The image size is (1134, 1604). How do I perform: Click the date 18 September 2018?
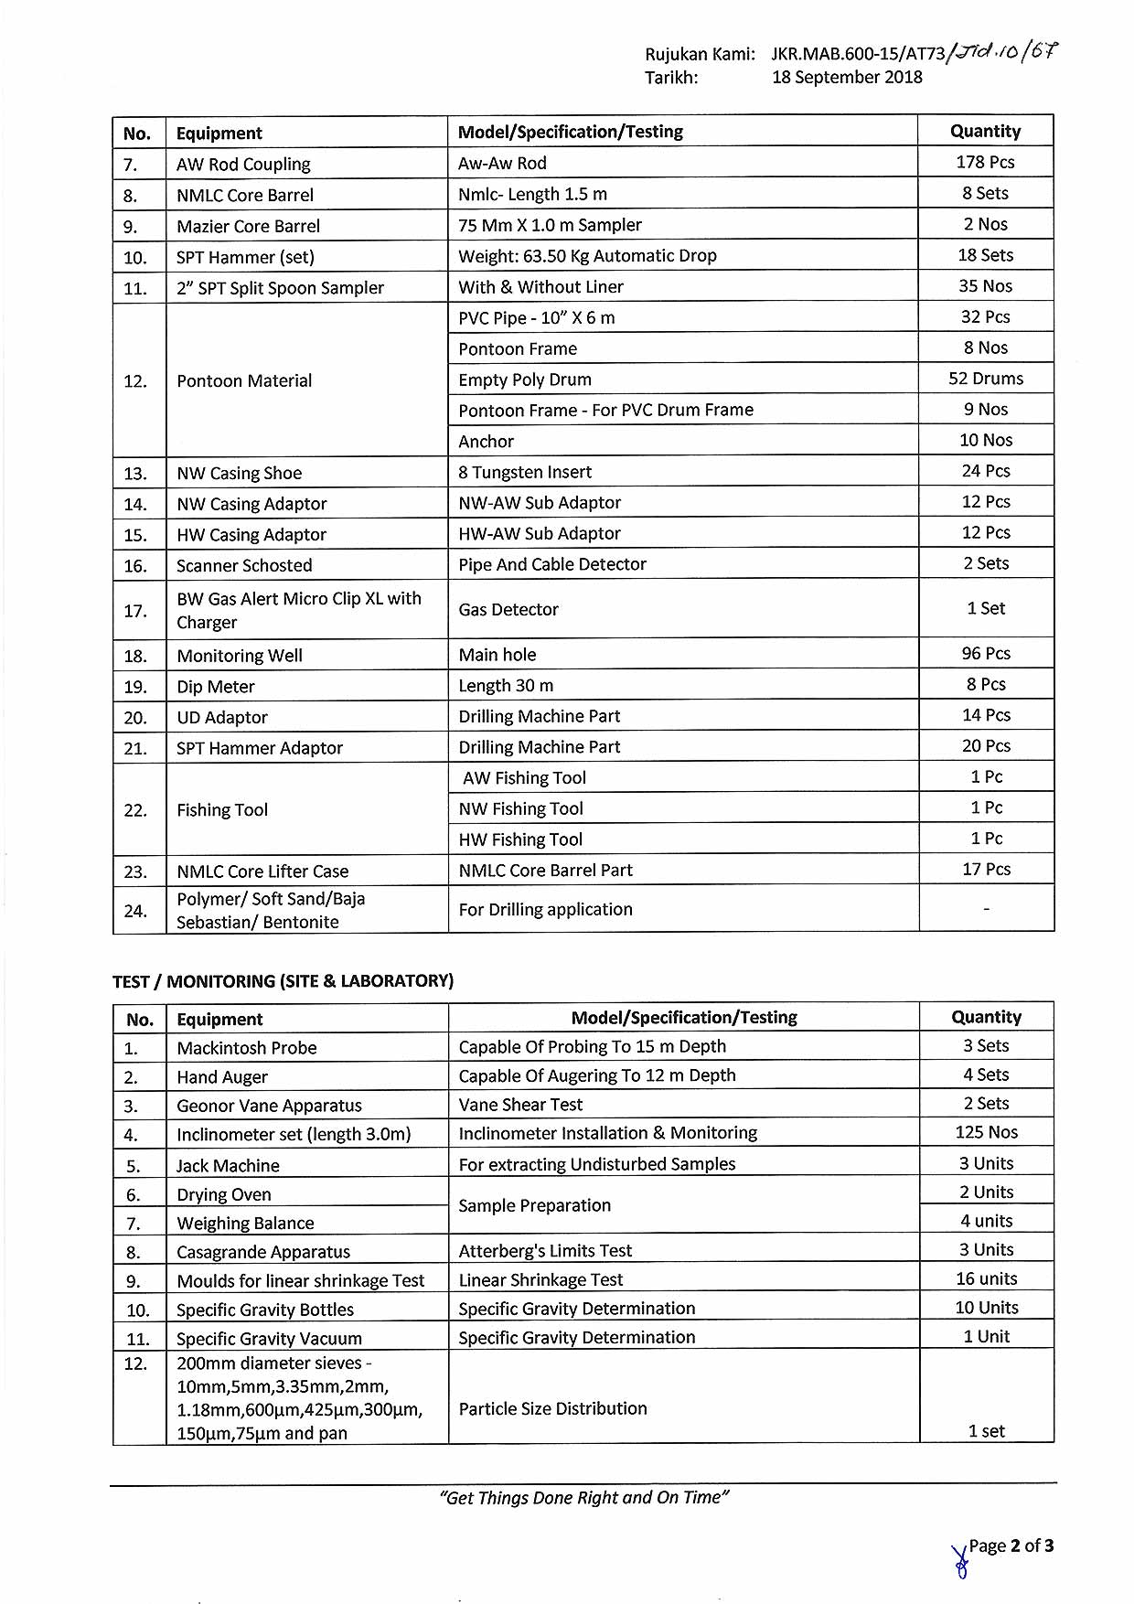(x=847, y=78)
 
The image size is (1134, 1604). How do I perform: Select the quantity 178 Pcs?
(x=985, y=162)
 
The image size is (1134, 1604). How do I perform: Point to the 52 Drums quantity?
(x=985, y=379)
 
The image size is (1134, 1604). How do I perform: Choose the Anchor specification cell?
(x=487, y=441)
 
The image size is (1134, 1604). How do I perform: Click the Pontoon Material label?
(x=244, y=380)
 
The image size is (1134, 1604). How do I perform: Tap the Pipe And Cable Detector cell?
(x=552, y=564)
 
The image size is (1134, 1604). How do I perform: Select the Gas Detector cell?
(x=508, y=609)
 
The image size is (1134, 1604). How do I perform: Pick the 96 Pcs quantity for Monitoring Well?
(x=985, y=654)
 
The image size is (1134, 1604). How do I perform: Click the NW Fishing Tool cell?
(x=521, y=808)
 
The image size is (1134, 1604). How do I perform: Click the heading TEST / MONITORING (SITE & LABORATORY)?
(x=283, y=981)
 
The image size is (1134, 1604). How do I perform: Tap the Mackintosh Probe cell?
(x=247, y=1048)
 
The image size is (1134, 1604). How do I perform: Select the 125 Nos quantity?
(x=986, y=1132)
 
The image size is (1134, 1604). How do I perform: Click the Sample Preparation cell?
(x=535, y=1205)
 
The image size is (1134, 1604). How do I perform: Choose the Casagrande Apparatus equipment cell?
(x=263, y=1252)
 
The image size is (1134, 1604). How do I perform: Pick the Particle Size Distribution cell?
(x=552, y=1408)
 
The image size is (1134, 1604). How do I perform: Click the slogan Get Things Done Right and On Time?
(x=583, y=1497)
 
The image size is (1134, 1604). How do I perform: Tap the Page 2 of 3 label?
(x=1011, y=1545)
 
